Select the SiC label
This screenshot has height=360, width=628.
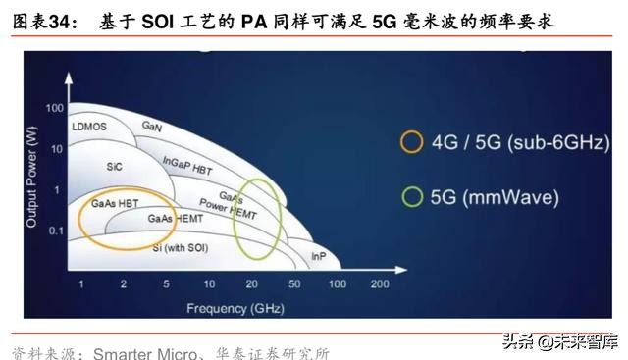pos(114,167)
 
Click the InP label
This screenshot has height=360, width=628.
pos(318,256)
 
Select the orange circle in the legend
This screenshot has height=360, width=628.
pos(411,142)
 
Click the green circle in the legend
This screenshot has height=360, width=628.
pos(411,197)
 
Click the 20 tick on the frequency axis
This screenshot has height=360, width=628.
pos(251,284)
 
